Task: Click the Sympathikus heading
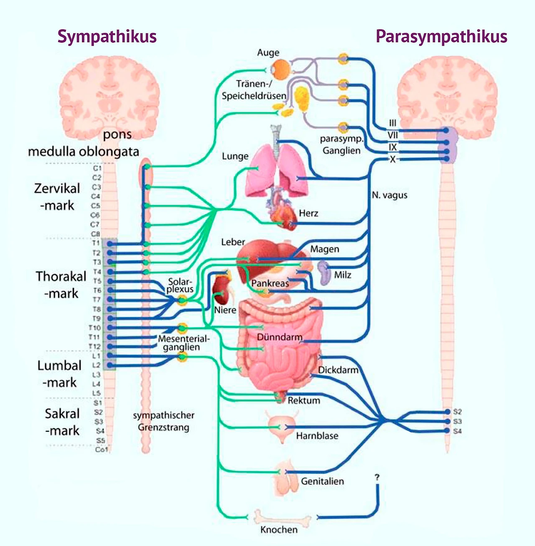coord(107,36)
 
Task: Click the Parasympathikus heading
coord(441,36)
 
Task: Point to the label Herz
coord(308,213)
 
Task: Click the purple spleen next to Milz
coord(324,272)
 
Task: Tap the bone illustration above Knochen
coord(283,518)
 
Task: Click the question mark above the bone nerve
coord(377,477)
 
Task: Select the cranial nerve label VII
coord(392,135)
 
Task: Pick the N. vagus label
coord(390,195)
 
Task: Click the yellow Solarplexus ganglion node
coord(182,300)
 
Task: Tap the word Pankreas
coord(270,283)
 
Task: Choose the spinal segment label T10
coord(95,328)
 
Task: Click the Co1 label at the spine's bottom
coord(101,449)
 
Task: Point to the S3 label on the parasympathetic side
coord(458,421)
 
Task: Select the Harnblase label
coord(317,436)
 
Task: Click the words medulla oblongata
coord(84,151)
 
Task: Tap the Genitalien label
coord(322,481)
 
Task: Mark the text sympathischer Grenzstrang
coord(164,421)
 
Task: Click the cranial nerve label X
coord(392,159)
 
